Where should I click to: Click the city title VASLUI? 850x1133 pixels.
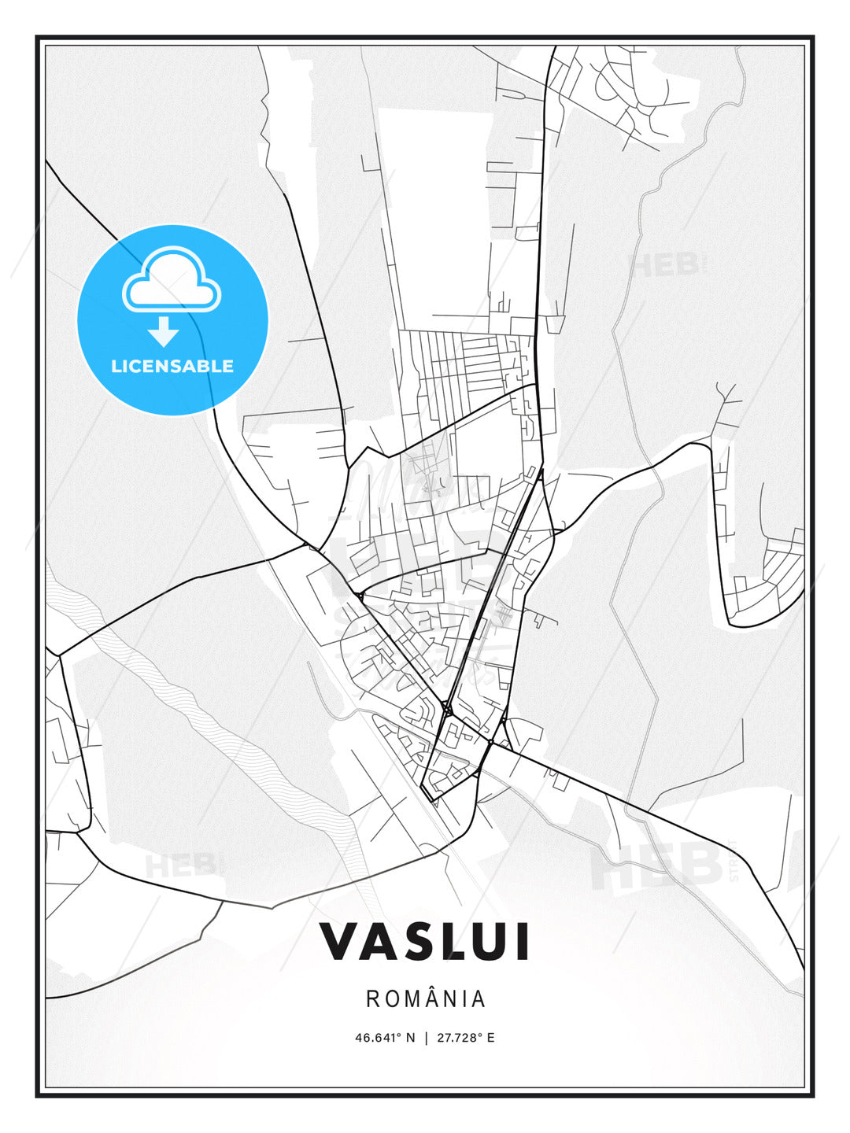424,941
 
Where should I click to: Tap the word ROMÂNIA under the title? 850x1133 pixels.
426,998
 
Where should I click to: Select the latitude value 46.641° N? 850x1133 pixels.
384,1038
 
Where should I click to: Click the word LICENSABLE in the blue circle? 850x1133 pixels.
172,366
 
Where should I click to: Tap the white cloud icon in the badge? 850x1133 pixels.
172,280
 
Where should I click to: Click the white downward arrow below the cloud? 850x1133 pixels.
164,331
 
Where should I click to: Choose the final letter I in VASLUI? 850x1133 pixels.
521,941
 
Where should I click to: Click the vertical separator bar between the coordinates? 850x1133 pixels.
426,1038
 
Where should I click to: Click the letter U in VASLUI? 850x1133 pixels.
490,941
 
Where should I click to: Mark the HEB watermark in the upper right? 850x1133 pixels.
665,265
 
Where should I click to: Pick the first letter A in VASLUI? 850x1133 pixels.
379,941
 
